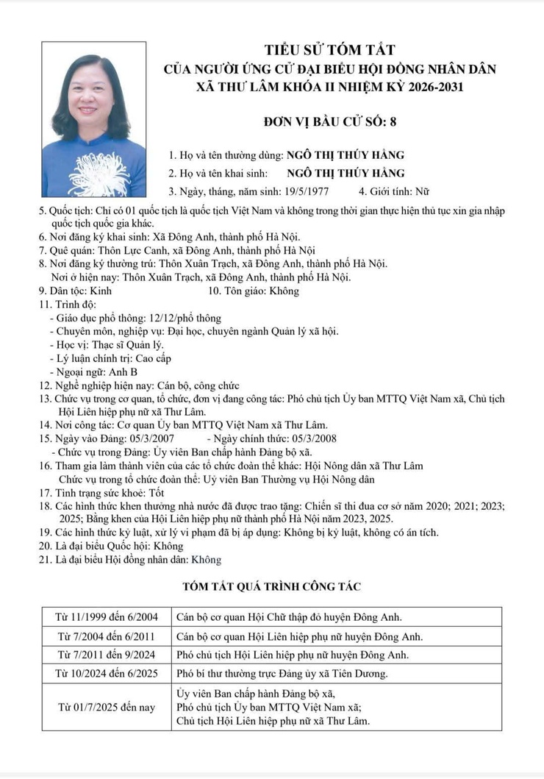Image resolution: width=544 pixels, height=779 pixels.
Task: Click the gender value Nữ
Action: [x=421, y=192]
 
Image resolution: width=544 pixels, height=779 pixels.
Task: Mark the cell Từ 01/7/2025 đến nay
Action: [x=107, y=707]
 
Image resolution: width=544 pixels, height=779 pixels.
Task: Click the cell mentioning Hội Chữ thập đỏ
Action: [x=290, y=617]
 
